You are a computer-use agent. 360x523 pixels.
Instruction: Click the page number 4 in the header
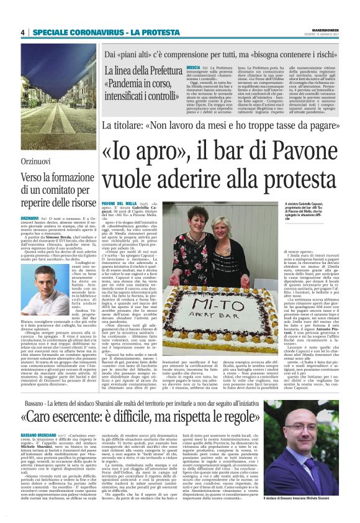click(22, 32)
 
